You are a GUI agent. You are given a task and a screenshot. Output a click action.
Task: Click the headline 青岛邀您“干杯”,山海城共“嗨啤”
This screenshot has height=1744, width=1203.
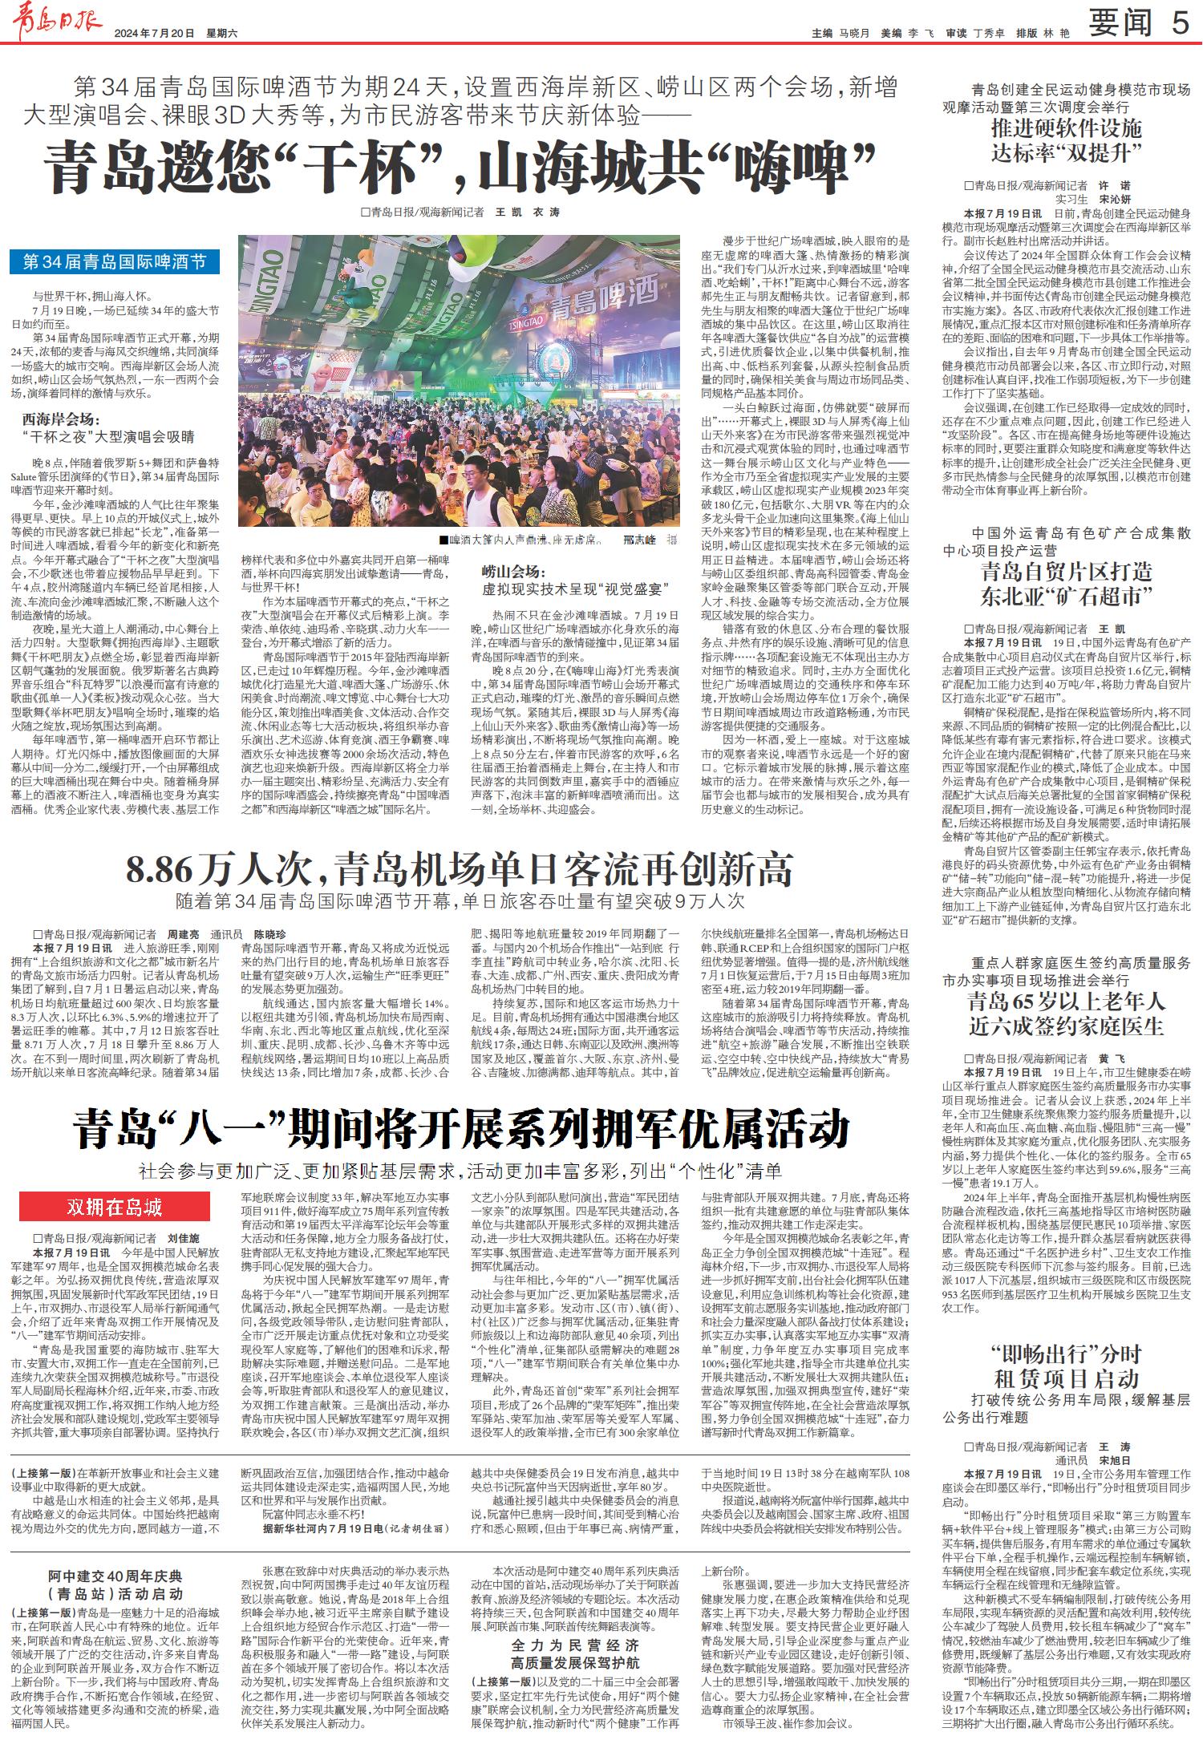tap(458, 168)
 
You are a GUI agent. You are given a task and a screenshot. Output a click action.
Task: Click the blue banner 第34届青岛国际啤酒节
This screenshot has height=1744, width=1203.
tap(115, 261)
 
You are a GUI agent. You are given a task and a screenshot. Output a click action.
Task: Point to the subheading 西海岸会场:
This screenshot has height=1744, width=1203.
tap(61, 419)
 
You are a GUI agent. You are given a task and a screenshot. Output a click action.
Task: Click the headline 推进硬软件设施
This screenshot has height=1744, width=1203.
tap(1065, 127)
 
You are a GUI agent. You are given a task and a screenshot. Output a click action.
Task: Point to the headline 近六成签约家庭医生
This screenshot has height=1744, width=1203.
tap(1066, 1026)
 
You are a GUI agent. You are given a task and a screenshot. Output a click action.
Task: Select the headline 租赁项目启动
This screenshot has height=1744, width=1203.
tap(1066, 1378)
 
